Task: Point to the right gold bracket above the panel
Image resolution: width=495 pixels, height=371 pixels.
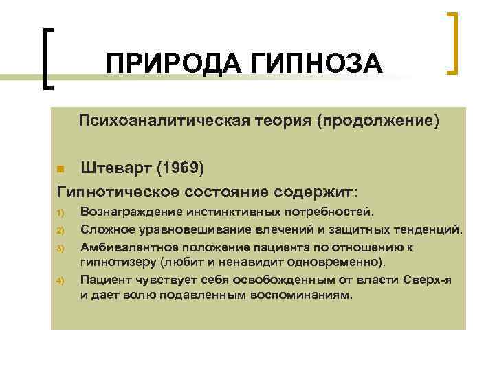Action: tap(453, 42)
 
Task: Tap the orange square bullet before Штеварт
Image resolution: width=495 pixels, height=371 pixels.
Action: tap(60, 169)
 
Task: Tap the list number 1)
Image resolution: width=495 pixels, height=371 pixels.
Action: tap(60, 212)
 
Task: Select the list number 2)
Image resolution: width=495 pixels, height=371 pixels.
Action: tap(60, 229)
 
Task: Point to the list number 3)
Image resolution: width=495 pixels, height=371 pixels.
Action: tap(60, 247)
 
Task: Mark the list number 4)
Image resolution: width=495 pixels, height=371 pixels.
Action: tap(60, 280)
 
